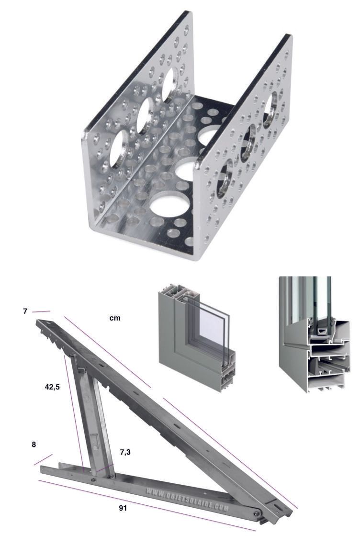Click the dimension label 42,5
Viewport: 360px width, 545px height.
[52, 387]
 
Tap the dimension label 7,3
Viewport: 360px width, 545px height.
[125, 452]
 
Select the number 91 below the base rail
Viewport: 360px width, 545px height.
[123, 508]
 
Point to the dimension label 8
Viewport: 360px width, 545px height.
[34, 444]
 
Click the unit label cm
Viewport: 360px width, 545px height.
[115, 318]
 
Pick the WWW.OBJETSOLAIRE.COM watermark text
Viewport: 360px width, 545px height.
[187, 500]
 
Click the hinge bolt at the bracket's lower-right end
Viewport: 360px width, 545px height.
[257, 513]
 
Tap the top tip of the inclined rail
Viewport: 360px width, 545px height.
[37, 322]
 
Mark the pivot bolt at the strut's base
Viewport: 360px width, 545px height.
[93, 480]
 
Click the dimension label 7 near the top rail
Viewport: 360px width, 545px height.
[25, 311]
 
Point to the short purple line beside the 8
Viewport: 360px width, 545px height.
[43, 459]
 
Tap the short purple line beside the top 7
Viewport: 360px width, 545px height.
[41, 311]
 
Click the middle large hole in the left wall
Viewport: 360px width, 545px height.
[145, 115]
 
